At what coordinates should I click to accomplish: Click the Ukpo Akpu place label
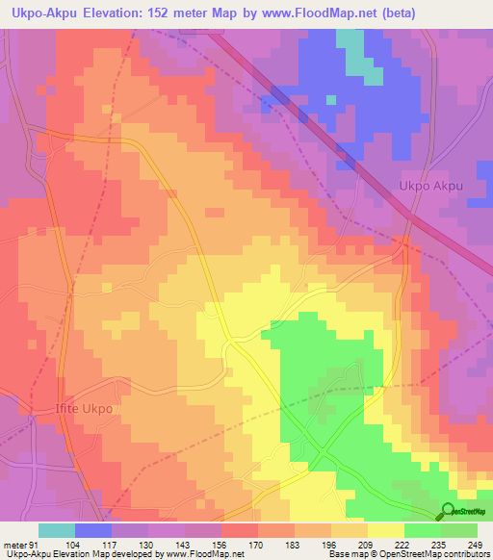tap(432, 188)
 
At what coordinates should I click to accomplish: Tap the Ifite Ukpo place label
tap(84, 409)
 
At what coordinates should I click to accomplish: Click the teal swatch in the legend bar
tap(57, 530)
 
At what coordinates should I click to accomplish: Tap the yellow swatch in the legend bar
tap(386, 530)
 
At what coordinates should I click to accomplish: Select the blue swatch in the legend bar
tap(93, 530)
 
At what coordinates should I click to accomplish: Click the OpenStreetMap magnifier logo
tap(448, 511)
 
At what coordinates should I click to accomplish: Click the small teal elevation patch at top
tap(357, 59)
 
